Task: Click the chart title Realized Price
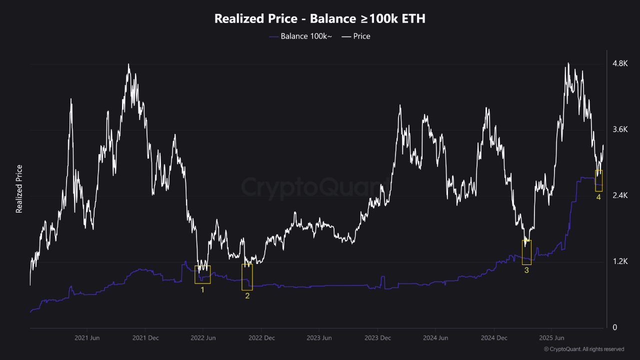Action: tap(320, 19)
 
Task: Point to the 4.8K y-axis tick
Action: tap(620, 63)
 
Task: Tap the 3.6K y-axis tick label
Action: tap(620, 129)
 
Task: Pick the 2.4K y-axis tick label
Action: tap(620, 195)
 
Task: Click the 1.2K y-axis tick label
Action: tap(620, 261)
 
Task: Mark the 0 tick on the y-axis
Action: tap(615, 327)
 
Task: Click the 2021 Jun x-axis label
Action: tap(87, 338)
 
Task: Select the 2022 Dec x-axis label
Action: tap(261, 338)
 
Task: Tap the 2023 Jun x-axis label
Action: tap(319, 338)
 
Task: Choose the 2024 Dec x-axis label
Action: tap(494, 338)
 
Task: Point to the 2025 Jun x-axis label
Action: tap(552, 338)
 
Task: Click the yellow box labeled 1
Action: tap(202, 274)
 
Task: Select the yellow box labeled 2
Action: tap(247, 277)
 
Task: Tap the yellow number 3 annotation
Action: tap(526, 270)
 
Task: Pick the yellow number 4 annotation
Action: tap(598, 197)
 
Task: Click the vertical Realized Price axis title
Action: tap(19, 189)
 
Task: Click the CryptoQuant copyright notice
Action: tap(583, 349)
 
